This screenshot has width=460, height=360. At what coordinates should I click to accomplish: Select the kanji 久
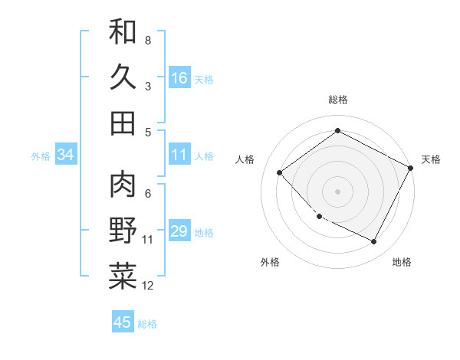coord(123,77)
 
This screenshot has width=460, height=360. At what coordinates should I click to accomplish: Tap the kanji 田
coord(123,123)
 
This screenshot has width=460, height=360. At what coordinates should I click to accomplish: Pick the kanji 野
coord(123,231)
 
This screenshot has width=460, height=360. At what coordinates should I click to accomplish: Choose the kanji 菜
coord(123,277)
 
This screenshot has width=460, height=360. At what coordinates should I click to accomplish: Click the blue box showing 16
coord(179,77)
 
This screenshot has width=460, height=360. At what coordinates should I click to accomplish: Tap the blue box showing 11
coord(179,155)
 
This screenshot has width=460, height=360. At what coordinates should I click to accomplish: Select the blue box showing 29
coord(179,231)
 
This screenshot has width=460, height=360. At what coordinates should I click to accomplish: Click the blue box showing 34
coord(66,155)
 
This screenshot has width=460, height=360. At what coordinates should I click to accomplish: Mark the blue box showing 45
coord(123,322)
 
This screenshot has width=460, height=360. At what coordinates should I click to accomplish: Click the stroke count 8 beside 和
coord(147,40)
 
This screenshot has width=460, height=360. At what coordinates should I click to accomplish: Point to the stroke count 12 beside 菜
coord(148,286)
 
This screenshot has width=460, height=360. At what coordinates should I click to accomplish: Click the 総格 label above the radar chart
coord(337,100)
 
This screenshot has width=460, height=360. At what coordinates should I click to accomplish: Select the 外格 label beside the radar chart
coord(270,262)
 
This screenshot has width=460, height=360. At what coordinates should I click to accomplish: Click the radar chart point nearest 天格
coord(411,168)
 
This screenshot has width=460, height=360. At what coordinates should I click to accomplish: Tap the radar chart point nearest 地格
coord(374,242)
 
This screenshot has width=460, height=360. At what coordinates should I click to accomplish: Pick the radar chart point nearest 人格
coord(280,172)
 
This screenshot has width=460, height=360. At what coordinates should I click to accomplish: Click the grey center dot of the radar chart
coord(337,191)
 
